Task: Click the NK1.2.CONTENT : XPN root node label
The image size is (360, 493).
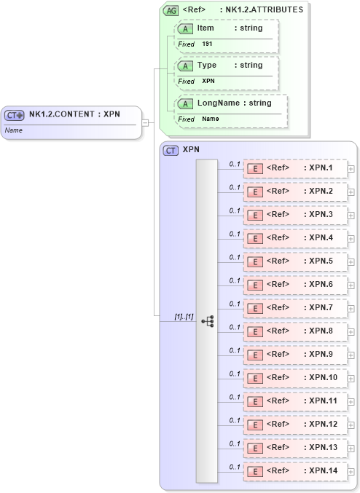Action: pos(74,114)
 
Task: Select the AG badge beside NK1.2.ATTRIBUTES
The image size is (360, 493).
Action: pos(171,10)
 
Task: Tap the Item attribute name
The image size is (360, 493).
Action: pos(206,28)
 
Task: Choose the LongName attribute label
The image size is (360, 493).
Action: pos(219,103)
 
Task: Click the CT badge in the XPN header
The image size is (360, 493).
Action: pos(171,150)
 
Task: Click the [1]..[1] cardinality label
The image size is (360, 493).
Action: pos(184,317)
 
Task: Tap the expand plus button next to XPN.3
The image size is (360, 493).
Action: pos(351,215)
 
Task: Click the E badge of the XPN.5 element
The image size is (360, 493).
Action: pos(255,261)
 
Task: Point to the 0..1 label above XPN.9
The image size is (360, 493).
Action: pos(235,350)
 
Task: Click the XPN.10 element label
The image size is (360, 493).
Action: pos(320,377)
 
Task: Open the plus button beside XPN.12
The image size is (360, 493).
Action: pos(351,425)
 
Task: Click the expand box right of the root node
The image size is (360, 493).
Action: pos(145,122)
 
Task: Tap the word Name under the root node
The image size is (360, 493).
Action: pos(14,130)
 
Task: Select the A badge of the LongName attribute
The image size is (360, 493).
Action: pos(185,103)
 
